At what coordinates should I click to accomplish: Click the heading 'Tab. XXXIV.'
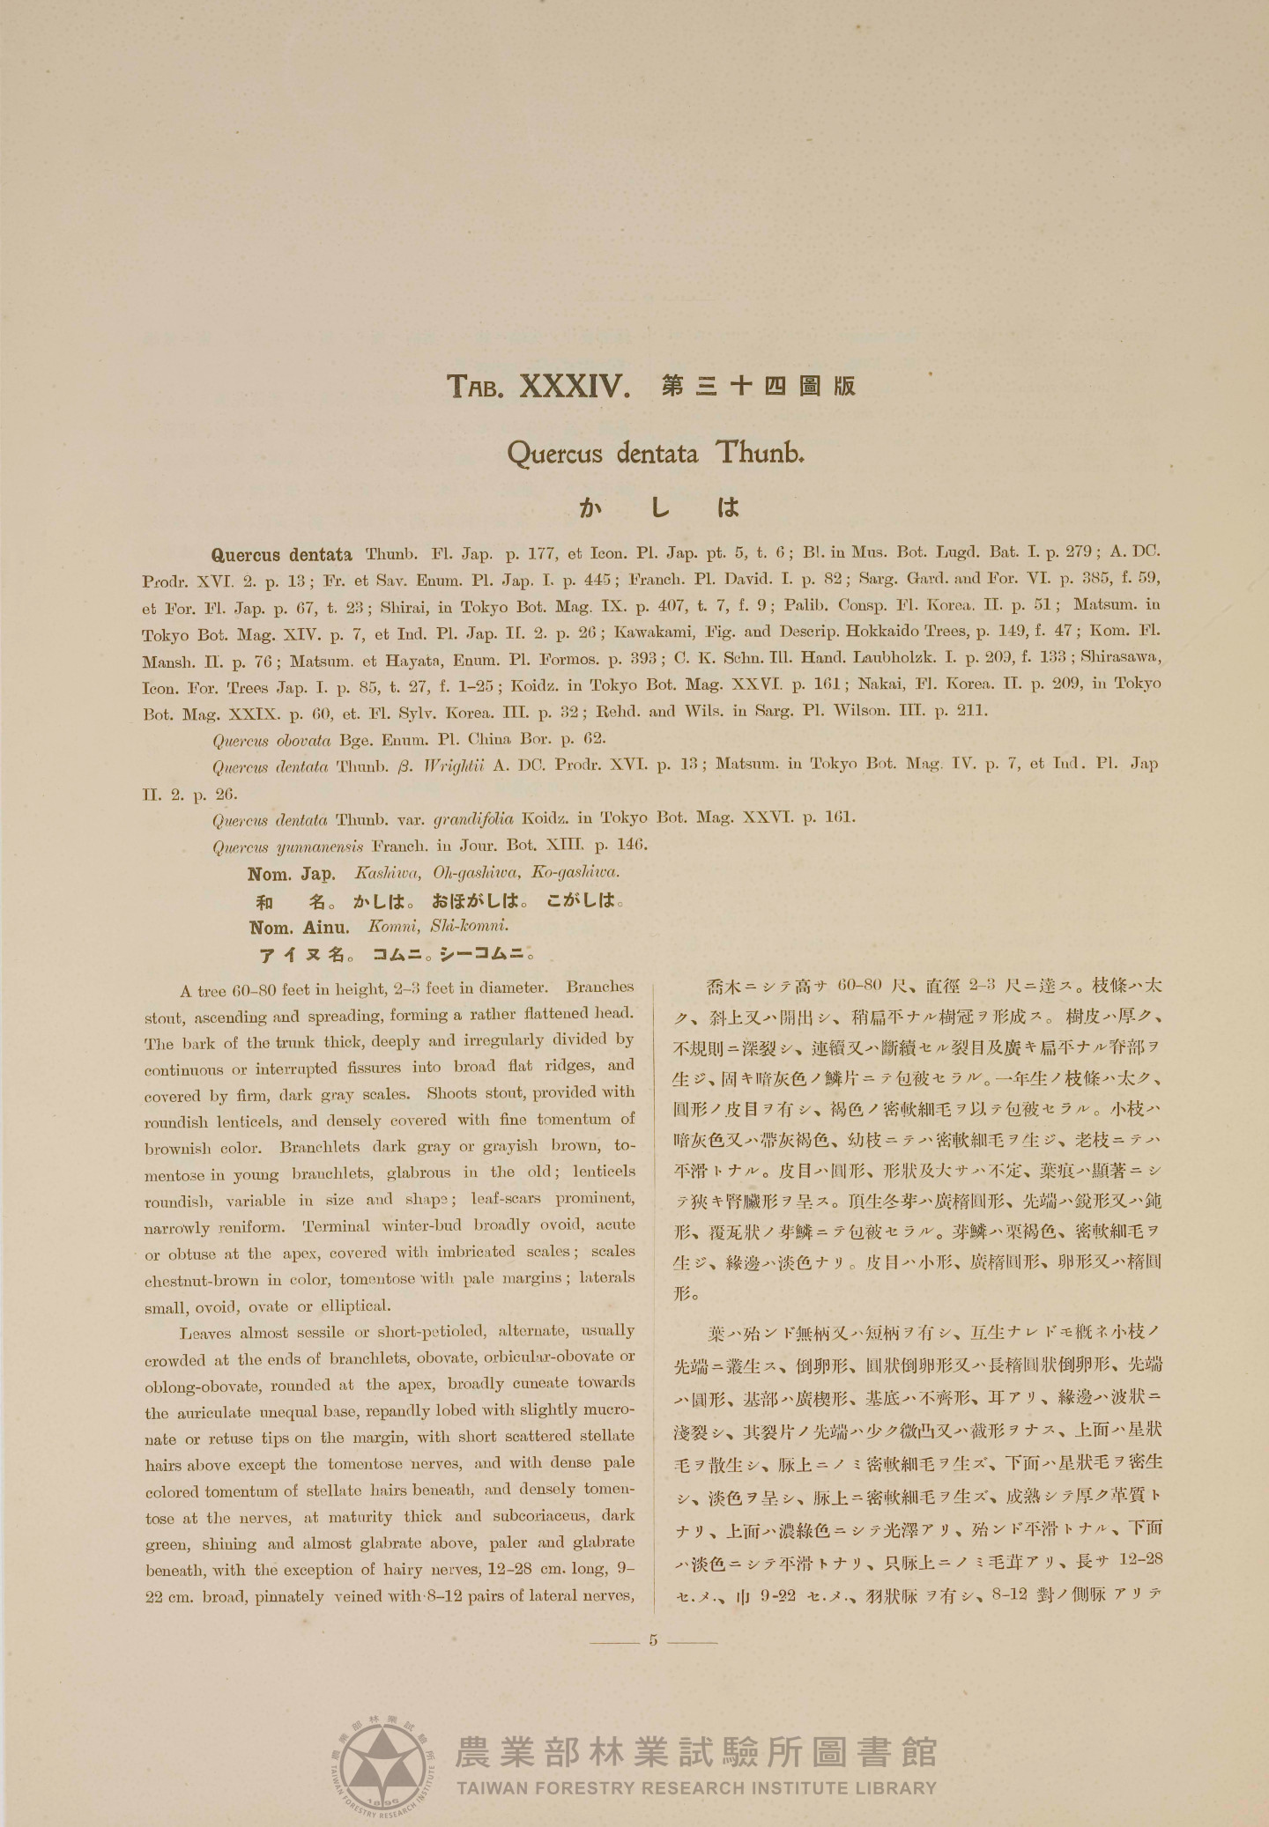pyautogui.click(x=538, y=386)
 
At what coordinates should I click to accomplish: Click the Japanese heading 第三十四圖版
pyautogui.click(x=758, y=386)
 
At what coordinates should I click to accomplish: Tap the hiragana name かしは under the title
pyautogui.click(x=658, y=507)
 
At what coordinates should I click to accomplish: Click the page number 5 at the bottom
pyautogui.click(x=653, y=1640)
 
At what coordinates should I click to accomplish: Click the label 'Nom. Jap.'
pyautogui.click(x=291, y=875)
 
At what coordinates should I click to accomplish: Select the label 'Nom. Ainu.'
pyautogui.click(x=299, y=928)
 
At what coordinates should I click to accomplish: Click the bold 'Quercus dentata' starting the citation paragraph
pyautogui.click(x=282, y=555)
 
